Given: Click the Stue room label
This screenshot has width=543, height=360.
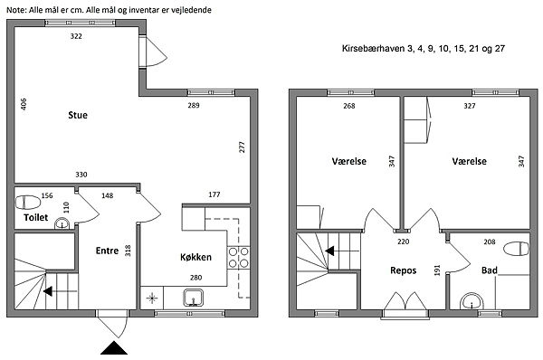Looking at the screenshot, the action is [x=78, y=115].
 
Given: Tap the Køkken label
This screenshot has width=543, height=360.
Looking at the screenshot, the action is [x=195, y=257].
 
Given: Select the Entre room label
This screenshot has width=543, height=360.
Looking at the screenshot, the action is [x=107, y=251].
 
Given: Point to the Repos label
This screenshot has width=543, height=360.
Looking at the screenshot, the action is [x=403, y=270].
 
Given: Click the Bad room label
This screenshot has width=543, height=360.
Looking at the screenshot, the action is [x=490, y=270].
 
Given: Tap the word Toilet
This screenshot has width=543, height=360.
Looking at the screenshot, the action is [x=35, y=217].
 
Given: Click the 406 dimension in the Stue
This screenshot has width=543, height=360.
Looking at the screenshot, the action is [x=24, y=104].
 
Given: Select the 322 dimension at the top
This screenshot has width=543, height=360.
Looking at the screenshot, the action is [x=76, y=36].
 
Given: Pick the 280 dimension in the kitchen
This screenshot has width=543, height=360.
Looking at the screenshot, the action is [x=196, y=278].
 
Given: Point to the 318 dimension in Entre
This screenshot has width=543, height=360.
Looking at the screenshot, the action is [x=128, y=251].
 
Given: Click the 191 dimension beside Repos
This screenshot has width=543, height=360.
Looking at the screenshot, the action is [x=437, y=270].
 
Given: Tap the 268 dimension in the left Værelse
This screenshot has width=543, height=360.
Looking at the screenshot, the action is [x=349, y=106].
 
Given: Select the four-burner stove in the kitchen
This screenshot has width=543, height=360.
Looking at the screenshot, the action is [x=238, y=258].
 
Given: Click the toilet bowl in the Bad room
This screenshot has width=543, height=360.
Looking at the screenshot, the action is [x=516, y=249].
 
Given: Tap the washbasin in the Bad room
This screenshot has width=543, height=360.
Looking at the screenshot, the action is [x=472, y=302].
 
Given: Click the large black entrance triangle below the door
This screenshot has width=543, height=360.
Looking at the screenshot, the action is [x=114, y=348].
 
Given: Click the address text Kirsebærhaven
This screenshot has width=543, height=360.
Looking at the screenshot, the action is [x=373, y=49].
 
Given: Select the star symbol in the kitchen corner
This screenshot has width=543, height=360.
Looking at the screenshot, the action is [x=152, y=298].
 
